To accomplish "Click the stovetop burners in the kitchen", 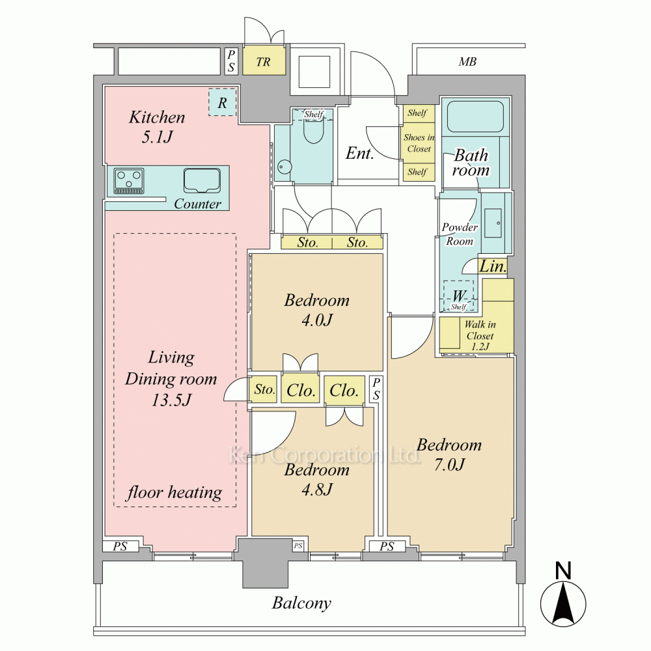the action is (129, 180).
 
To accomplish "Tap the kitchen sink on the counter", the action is (202, 180).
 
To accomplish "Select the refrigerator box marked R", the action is (222, 103).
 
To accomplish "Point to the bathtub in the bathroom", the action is (475, 117).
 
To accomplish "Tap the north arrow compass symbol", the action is (563, 598).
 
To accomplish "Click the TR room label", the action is (263, 62).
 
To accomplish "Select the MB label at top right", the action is (467, 62).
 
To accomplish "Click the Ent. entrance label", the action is (359, 153).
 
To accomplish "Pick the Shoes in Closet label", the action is (419, 143).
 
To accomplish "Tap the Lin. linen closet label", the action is (493, 266).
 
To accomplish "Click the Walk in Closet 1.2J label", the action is (480, 335).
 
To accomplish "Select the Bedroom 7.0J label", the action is (449, 454).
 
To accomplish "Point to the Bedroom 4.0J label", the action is (317, 310).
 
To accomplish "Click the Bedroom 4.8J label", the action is (317, 479).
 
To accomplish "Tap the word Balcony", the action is (302, 603).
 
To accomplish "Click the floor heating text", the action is (174, 492).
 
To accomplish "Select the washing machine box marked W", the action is (459, 296).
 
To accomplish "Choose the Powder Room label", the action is (460, 234).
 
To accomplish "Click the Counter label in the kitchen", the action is (198, 203).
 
